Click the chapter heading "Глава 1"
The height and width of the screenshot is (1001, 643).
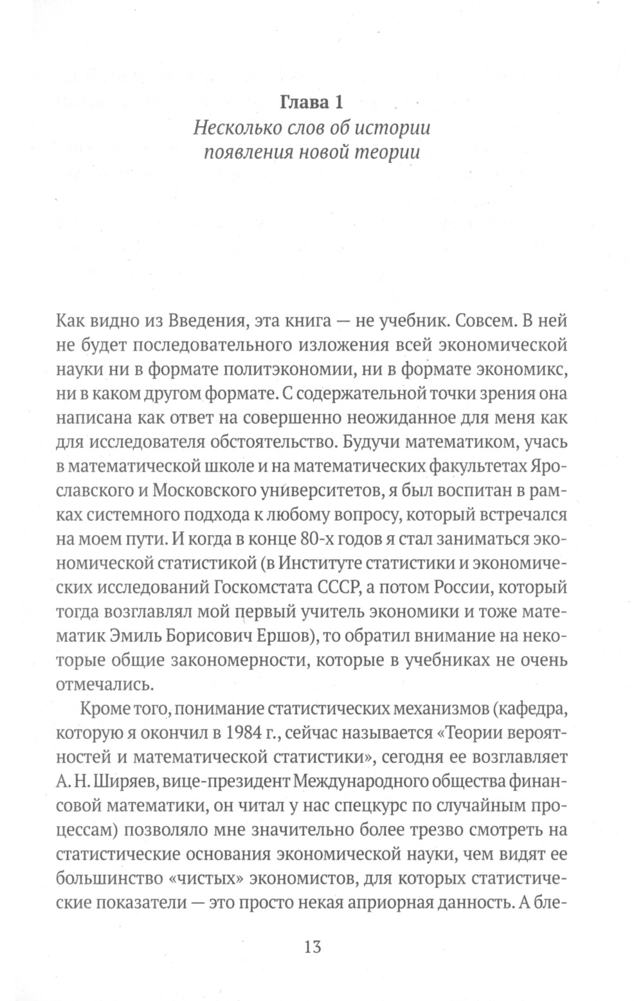click(x=312, y=102)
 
